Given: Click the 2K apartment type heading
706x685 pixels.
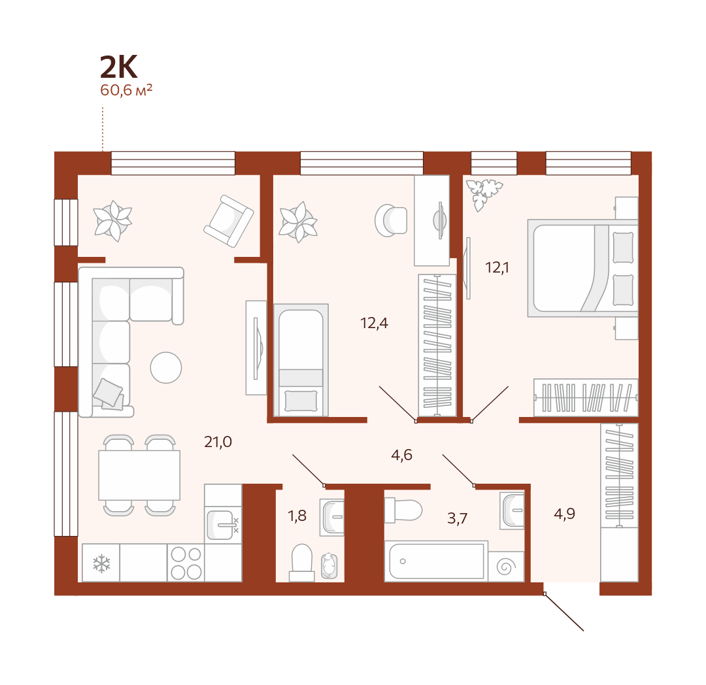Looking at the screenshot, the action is (118, 67).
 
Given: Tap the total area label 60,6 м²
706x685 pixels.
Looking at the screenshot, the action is (126, 90).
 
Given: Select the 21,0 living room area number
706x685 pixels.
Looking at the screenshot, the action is (218, 442).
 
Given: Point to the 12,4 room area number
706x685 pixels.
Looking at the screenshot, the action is (374, 323).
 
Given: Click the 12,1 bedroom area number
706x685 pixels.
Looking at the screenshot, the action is (497, 268).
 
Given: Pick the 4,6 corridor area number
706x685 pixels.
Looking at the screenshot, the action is (401, 455).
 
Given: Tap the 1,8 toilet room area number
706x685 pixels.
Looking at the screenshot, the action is (297, 516).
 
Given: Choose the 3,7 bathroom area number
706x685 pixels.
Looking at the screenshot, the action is (457, 518).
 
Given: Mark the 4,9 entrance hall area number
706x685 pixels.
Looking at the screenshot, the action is (564, 514).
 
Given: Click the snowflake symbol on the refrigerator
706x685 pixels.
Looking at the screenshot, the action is (101, 563).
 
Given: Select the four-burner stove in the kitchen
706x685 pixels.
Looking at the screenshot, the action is (186, 563).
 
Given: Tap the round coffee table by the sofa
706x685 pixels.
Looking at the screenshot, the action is (166, 368).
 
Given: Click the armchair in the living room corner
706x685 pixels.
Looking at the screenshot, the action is (229, 221).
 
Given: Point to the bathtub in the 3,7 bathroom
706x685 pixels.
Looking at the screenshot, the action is (436, 561).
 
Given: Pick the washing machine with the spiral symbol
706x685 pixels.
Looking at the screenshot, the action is (506, 567).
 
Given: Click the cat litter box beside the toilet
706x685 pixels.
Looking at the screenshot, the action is (329, 566).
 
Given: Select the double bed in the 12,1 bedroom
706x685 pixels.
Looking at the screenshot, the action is (583, 268).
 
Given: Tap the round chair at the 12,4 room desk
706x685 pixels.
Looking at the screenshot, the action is (391, 220).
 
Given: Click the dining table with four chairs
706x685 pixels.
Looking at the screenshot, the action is (139, 475).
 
